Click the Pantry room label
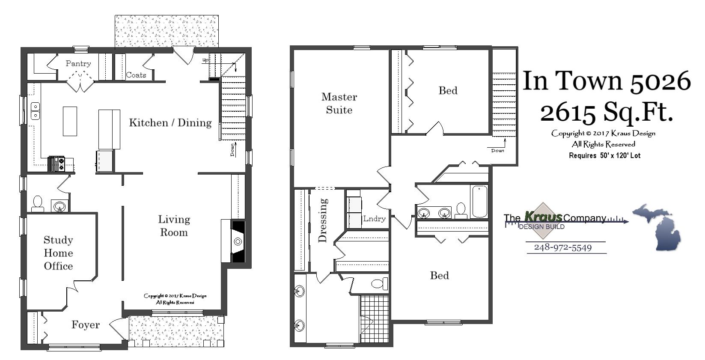click(x=78, y=63)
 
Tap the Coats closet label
click(x=136, y=75)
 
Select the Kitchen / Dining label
click(x=170, y=123)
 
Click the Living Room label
click(x=173, y=226)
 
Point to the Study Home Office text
click(x=58, y=253)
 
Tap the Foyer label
click(x=85, y=325)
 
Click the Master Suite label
click(x=339, y=103)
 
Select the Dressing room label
click(x=323, y=220)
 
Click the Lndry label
click(x=374, y=219)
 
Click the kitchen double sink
click(x=35, y=110)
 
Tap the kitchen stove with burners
click(x=56, y=164)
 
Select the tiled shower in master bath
click(x=374, y=319)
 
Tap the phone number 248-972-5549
click(x=562, y=247)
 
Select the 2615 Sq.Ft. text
click(x=606, y=113)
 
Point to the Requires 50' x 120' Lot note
click(x=604, y=155)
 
